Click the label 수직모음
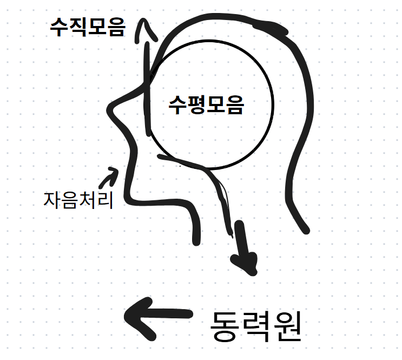tap(87, 27)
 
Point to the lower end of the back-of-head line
tap(306, 231)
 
